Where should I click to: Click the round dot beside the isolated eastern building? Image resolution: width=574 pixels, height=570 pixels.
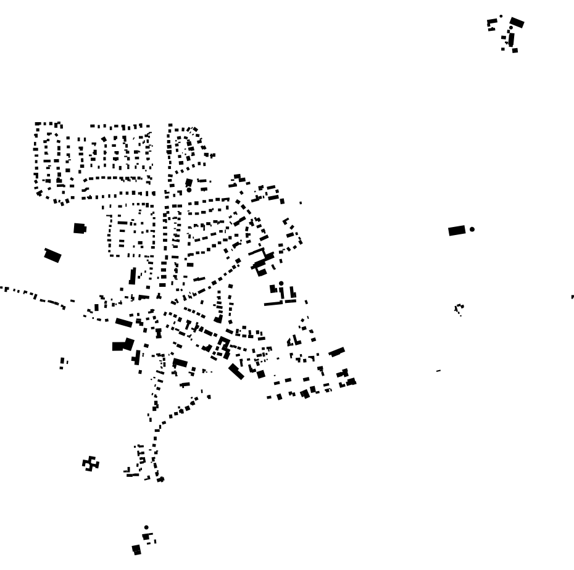(472, 229)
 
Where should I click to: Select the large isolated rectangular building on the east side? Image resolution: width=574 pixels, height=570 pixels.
(457, 231)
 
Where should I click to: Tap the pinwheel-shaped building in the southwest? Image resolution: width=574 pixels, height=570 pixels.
(91, 463)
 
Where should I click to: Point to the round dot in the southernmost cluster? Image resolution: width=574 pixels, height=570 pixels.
(146, 527)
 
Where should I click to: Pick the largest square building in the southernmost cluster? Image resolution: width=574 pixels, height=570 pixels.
(136, 549)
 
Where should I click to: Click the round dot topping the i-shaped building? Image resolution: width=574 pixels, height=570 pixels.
(281, 284)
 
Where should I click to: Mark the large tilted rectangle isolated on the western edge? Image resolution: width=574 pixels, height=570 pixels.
(52, 255)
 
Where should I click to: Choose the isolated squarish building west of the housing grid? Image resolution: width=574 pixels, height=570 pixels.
(79, 228)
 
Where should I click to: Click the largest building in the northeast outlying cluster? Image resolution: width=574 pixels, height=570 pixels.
(517, 23)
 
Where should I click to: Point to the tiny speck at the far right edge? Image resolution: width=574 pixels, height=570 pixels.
(572, 297)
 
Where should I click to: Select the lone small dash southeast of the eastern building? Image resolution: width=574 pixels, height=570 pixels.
(438, 371)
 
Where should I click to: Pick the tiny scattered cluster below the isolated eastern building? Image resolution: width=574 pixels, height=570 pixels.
(459, 308)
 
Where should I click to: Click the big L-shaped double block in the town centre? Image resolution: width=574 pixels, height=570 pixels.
(122, 345)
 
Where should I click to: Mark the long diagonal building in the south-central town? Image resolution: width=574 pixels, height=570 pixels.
(236, 371)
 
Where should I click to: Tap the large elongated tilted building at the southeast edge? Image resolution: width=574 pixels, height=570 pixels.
(336, 352)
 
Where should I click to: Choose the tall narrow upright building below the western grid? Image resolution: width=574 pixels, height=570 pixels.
(132, 276)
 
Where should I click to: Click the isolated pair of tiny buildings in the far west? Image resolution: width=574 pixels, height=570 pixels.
(63, 363)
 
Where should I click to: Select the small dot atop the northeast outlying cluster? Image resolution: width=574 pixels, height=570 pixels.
(501, 17)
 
